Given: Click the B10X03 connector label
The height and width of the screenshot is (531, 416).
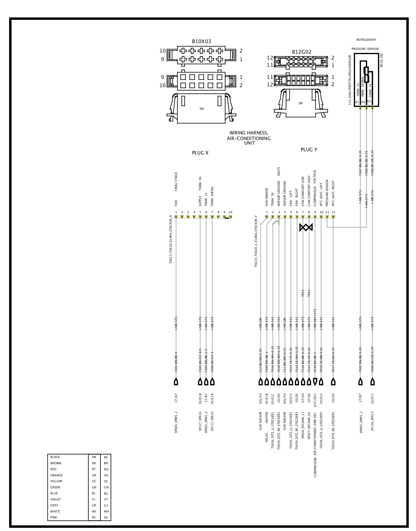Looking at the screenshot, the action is click(x=201, y=42).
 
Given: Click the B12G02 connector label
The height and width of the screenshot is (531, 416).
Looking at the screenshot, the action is click(x=302, y=52).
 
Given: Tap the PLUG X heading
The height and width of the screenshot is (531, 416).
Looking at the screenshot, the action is click(x=200, y=153).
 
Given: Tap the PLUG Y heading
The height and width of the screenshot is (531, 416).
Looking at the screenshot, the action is click(x=309, y=150).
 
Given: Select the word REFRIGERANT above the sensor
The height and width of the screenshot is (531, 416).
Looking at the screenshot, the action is click(x=366, y=40).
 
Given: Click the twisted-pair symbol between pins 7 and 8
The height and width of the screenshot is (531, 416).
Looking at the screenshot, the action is click(x=306, y=227).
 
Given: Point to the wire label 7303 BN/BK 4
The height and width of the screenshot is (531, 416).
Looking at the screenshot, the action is click(x=176, y=362).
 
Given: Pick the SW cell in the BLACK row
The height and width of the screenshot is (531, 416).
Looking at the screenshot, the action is click(x=94, y=457).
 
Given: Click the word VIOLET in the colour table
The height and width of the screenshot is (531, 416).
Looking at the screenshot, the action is click(x=56, y=499).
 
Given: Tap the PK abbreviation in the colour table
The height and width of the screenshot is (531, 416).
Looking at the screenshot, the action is click(x=106, y=518).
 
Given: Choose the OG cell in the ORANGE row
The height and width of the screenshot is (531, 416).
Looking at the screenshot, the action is click(x=106, y=475).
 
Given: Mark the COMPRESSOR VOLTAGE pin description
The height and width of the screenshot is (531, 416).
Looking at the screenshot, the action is click(x=315, y=188).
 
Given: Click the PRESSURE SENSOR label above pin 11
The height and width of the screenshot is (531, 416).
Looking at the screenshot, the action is click(x=327, y=193).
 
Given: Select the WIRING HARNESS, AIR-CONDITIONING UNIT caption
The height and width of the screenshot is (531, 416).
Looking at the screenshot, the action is click(x=249, y=138).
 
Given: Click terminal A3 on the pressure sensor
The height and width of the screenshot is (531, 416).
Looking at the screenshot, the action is click(x=369, y=101).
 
